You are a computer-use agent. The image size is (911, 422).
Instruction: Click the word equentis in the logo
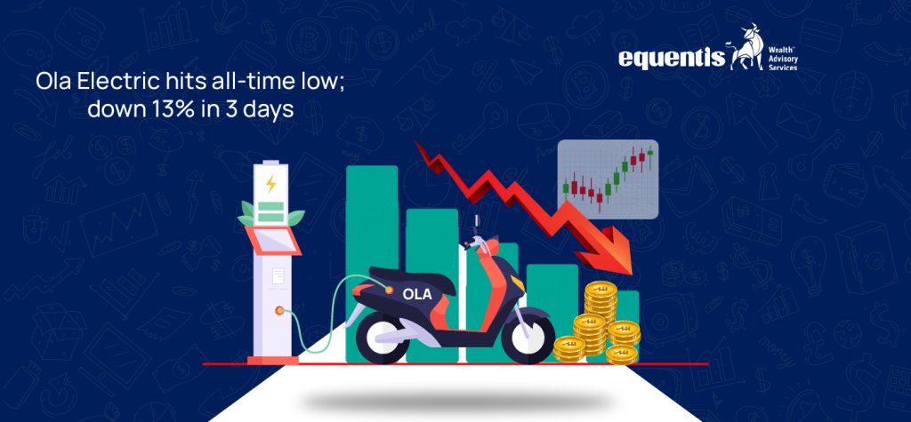click(671, 58)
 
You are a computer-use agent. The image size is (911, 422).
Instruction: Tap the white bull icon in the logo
click(743, 52)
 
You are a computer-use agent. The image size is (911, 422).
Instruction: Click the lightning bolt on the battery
click(270, 184)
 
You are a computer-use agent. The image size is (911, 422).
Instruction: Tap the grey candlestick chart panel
click(608, 179)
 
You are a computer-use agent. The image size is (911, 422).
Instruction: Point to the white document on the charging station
click(278, 276)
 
